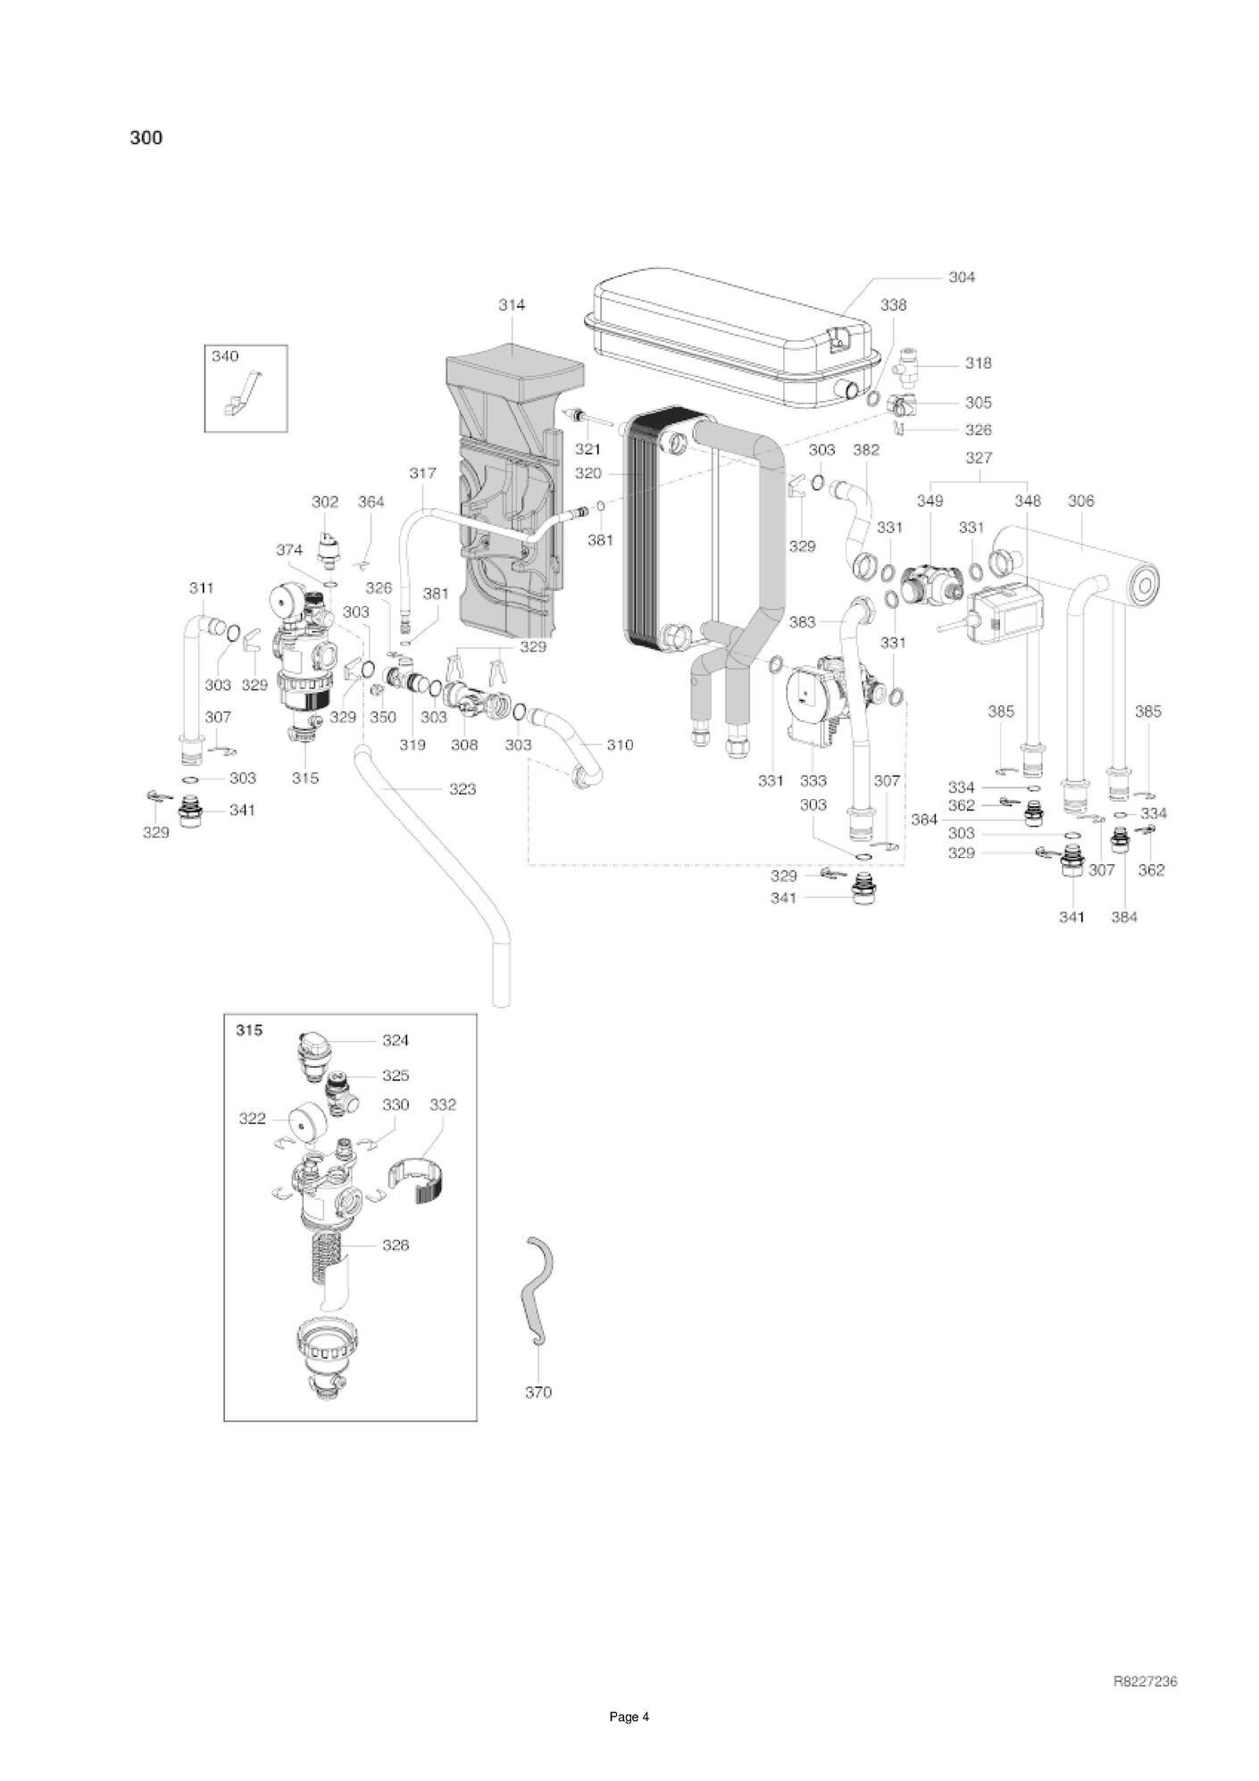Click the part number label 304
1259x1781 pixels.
point(961,277)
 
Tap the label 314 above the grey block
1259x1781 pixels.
point(512,304)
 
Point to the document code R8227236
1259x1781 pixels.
point(1145,1681)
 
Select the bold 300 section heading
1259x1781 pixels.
point(146,137)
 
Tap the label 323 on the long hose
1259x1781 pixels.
point(463,789)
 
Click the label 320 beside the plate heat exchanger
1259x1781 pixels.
point(588,473)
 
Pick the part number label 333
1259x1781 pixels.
point(813,780)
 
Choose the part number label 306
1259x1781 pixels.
point(1080,501)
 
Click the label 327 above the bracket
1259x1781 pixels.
point(979,458)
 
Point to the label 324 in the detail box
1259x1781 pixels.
point(396,1040)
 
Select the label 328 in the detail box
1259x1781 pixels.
point(396,1244)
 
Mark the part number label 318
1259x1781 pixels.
point(978,363)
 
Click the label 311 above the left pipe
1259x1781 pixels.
point(202,588)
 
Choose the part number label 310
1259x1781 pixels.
point(620,745)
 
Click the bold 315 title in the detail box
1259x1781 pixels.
point(249,1030)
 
